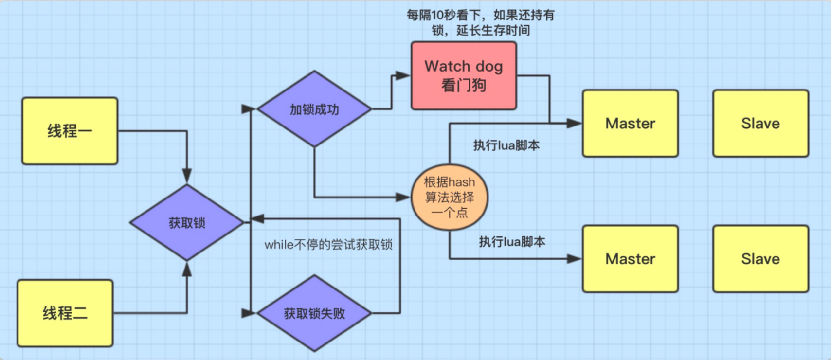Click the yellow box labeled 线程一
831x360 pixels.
[70, 131]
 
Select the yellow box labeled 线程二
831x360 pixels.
[65, 313]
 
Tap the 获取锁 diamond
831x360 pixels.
[187, 223]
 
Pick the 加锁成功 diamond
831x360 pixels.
[314, 109]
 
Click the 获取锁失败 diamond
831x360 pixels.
[314, 313]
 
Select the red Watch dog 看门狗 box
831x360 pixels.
[464, 75]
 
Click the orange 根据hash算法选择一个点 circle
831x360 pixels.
[449, 197]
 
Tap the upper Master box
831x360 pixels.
[630, 123]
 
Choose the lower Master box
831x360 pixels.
[630, 259]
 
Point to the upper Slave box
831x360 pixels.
[760, 123]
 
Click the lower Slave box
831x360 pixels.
[760, 259]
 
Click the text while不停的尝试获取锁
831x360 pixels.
[328, 244]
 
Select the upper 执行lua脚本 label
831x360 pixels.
[506, 145]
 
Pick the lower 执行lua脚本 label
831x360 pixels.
[512, 241]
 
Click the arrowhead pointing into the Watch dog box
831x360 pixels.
[404, 76]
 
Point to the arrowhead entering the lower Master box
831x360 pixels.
[575, 259]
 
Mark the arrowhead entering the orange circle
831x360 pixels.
[404, 197]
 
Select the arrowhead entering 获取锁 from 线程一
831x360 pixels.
[187, 176]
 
